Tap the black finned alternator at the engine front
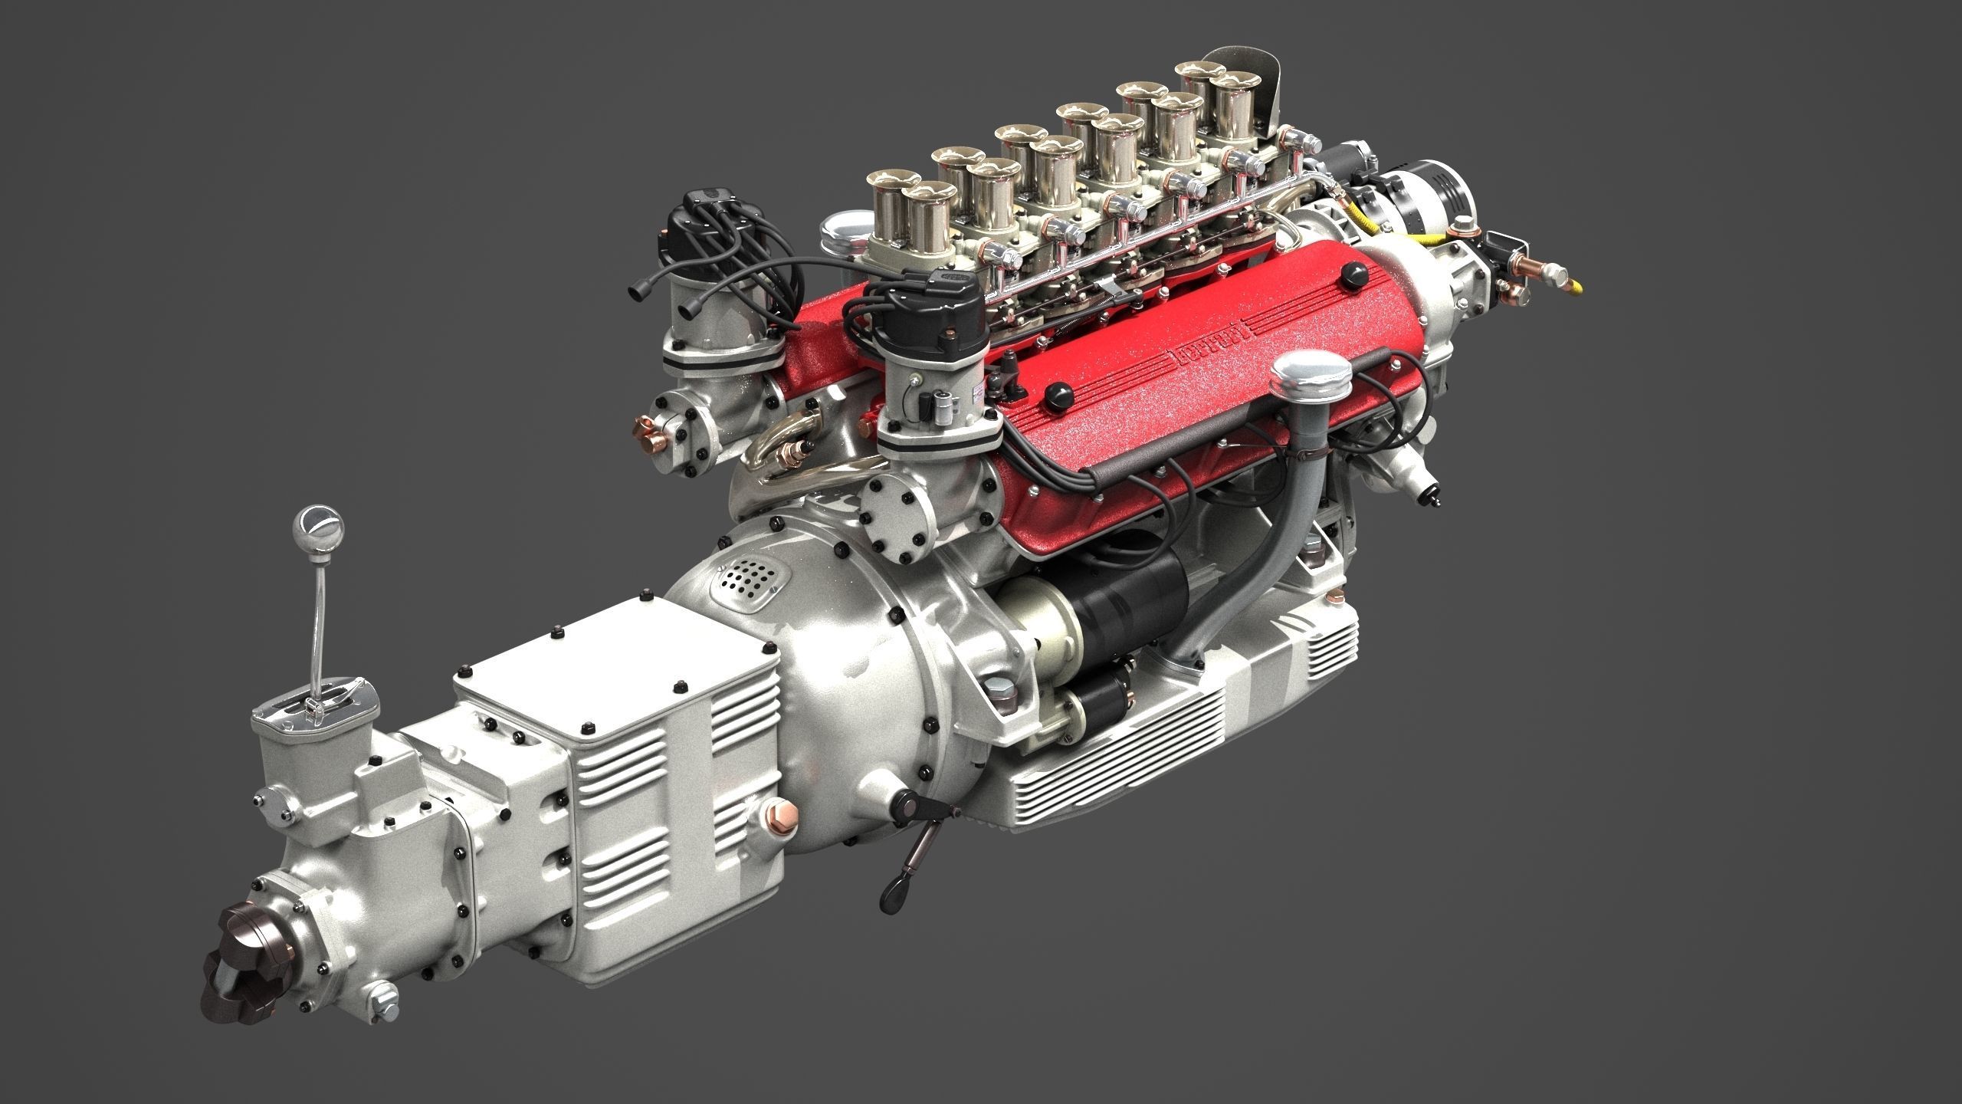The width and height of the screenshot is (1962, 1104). coord(1433,199)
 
